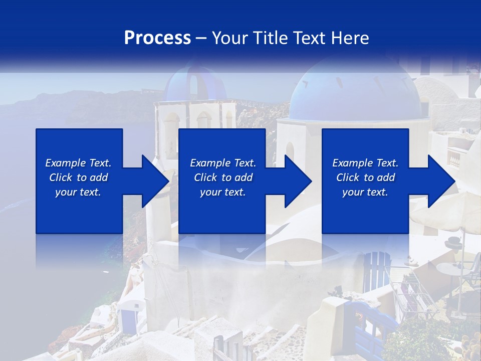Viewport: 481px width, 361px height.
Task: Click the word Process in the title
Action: [x=157, y=38]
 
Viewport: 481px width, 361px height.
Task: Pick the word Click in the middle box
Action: [x=204, y=177]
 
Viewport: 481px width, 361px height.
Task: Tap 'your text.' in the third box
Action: [x=365, y=192]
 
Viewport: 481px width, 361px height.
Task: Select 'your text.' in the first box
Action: [x=78, y=192]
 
